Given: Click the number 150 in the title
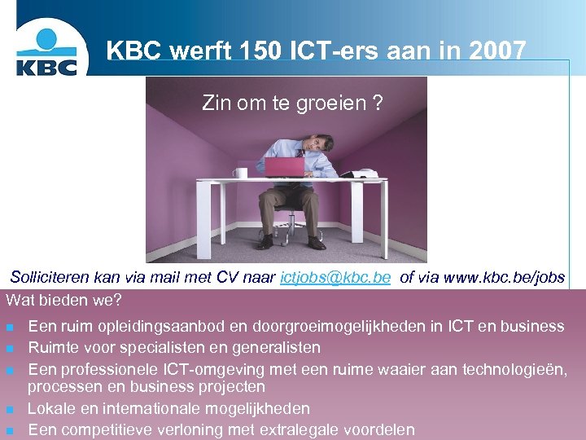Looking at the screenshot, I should (262, 51).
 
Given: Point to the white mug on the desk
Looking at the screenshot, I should (240, 173).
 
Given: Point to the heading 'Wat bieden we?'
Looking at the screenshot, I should (64, 299).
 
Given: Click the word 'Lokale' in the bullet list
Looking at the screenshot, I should (51, 408).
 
